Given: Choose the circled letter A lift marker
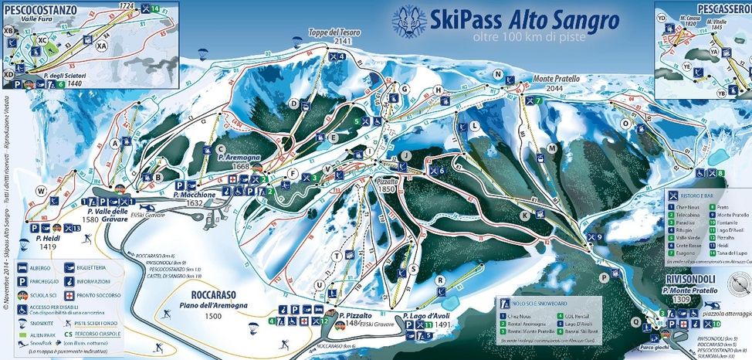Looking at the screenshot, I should pyautogui.click(x=116, y=143).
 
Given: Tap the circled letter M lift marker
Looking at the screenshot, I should pyautogui.click(x=552, y=148).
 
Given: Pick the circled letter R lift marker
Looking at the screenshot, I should pyautogui.click(x=440, y=280).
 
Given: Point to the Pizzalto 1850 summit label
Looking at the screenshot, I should pyautogui.click(x=386, y=183).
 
